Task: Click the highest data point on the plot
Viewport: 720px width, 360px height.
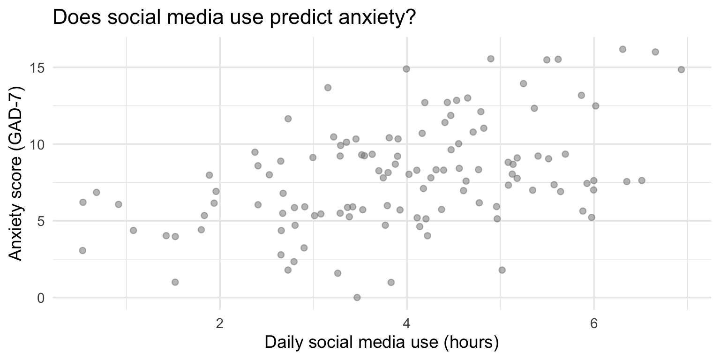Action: click(x=622, y=49)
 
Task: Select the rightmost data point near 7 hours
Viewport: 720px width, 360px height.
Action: click(x=681, y=69)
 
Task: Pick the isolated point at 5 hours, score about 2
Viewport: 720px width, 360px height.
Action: click(x=502, y=270)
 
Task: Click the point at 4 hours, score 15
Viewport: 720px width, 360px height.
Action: click(x=406, y=69)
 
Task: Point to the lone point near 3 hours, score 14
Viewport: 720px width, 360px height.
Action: click(x=328, y=88)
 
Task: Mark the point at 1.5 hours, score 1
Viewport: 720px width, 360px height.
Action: click(x=175, y=282)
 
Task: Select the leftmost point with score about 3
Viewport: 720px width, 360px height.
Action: click(x=82, y=250)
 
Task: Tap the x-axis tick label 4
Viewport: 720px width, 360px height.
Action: click(x=406, y=324)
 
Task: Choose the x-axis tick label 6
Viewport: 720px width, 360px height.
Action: click(x=593, y=324)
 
